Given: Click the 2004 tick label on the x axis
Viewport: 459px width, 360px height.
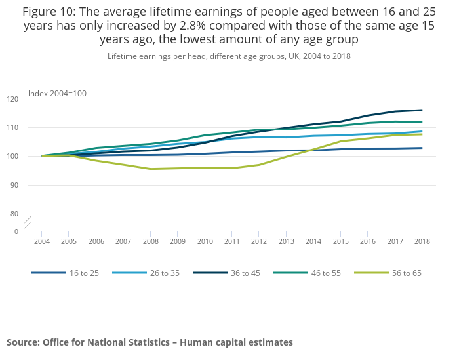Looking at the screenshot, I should coord(42,241).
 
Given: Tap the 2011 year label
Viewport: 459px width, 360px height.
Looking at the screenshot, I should coord(231,241).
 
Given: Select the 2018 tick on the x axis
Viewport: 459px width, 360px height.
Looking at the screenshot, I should coord(422,241).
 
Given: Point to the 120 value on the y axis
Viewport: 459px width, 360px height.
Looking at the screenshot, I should coord(12,99).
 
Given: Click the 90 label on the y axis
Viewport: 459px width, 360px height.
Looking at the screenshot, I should coord(14,185).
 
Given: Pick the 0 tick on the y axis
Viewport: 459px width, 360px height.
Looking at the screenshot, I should coord(16,231).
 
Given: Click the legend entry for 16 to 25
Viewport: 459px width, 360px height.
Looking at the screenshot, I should coord(84,273).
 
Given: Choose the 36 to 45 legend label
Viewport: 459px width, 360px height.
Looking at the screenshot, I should coord(245,273).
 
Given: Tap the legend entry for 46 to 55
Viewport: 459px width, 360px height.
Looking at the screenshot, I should coord(326,273).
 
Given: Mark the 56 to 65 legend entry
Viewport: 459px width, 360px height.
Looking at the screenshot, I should coord(407,273).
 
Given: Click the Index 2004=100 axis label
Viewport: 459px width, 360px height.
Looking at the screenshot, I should coord(58,93).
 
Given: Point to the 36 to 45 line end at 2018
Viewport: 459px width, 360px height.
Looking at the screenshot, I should coord(422,110).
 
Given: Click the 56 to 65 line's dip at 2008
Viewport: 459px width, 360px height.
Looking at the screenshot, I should coord(150,169).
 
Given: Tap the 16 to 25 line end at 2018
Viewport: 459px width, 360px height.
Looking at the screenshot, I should coord(422,148).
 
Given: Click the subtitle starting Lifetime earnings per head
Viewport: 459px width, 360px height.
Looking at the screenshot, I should coord(229,56).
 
